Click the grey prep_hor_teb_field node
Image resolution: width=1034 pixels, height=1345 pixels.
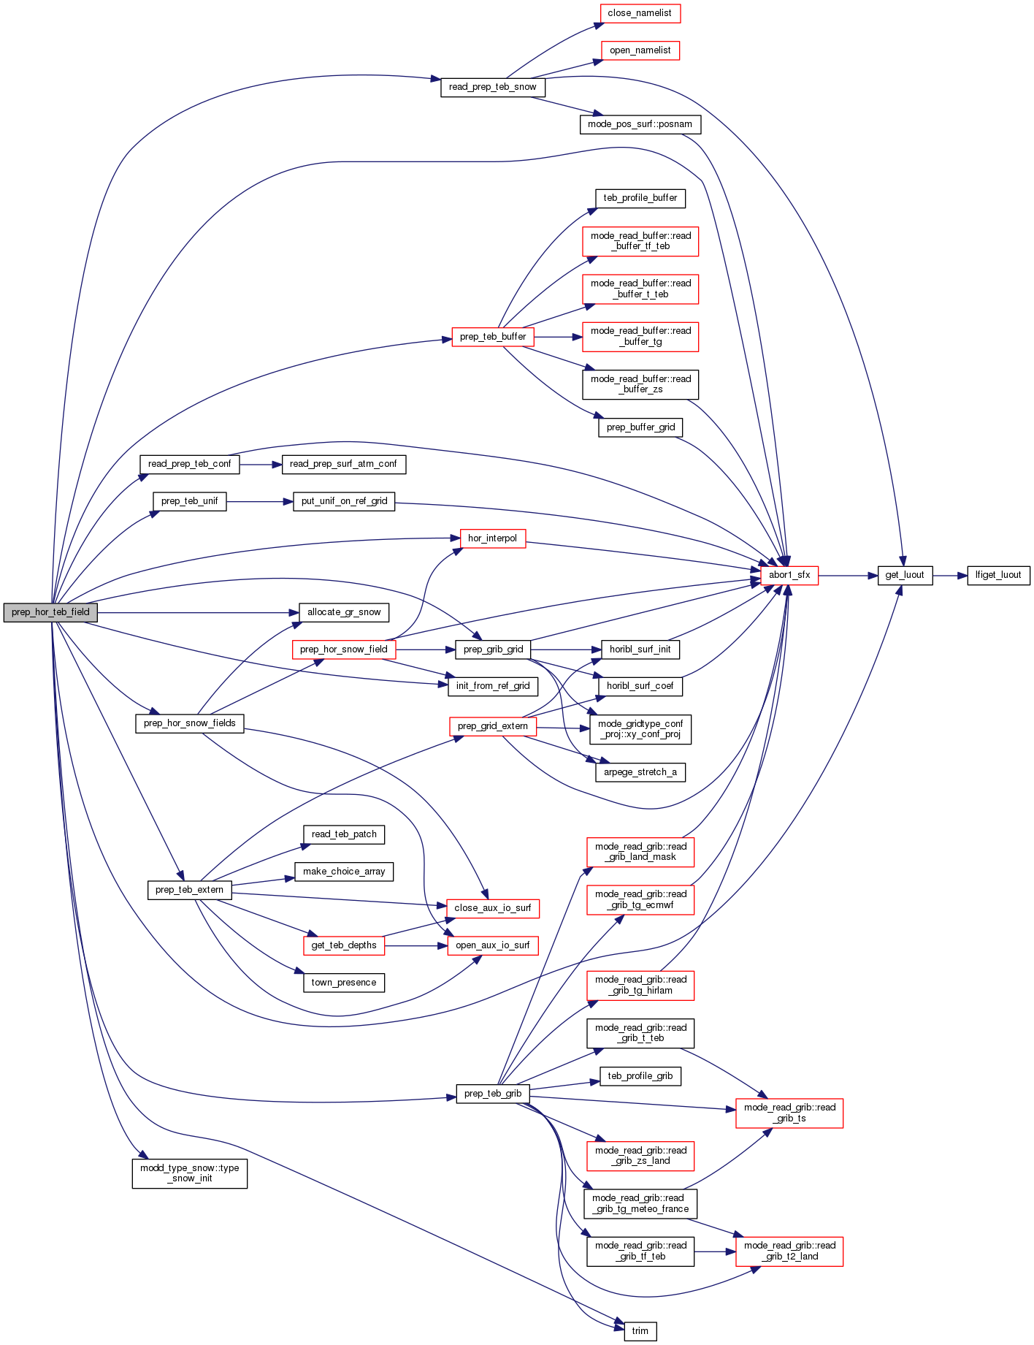click(x=50, y=612)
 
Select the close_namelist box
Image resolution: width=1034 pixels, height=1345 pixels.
click(x=639, y=13)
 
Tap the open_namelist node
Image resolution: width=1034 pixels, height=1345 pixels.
click(x=640, y=50)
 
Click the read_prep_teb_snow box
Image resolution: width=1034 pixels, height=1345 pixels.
click(x=492, y=87)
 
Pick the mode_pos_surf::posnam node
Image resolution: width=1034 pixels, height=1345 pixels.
click(x=640, y=124)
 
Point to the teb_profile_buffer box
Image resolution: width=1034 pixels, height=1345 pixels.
click(x=640, y=198)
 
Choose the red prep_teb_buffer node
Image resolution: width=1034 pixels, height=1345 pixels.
click(x=493, y=337)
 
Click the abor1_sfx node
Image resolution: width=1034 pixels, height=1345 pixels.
click(x=789, y=575)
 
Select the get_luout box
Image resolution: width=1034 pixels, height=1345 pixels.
click(x=904, y=575)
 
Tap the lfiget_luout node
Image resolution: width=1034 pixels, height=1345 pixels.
click(x=997, y=575)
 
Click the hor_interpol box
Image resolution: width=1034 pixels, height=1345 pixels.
click(x=492, y=538)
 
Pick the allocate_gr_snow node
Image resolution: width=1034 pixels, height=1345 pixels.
click(x=344, y=612)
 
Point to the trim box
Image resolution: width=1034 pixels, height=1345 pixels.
click(x=640, y=1331)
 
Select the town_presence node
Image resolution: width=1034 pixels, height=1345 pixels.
click(x=344, y=983)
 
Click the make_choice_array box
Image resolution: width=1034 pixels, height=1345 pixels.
click(x=344, y=872)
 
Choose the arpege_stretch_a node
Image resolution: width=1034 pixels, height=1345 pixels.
click(x=640, y=772)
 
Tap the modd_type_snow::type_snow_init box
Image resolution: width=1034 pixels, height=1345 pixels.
click(x=189, y=1173)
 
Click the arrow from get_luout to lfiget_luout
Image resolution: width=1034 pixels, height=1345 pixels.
click(x=949, y=576)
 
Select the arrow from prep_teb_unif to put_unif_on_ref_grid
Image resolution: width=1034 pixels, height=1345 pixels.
click(x=259, y=502)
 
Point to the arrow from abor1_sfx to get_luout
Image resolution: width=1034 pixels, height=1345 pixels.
click(x=847, y=576)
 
